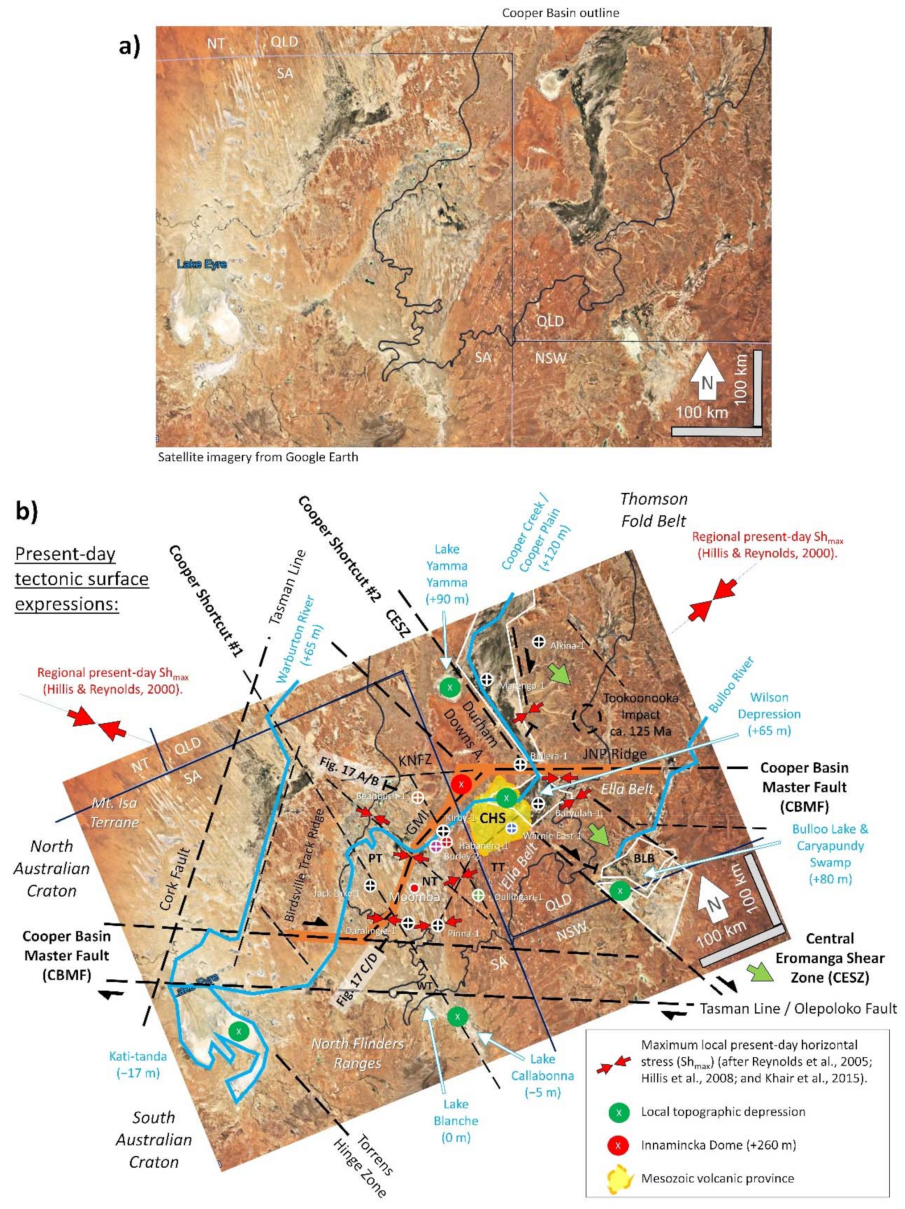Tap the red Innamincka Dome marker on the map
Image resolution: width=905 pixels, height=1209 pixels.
[462, 784]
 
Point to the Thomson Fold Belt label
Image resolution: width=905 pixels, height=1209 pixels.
[654, 510]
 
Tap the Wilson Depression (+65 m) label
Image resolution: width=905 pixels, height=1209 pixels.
[769, 714]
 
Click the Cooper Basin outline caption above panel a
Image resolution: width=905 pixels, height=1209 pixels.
[561, 12]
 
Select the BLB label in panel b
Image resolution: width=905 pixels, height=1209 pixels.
[644, 858]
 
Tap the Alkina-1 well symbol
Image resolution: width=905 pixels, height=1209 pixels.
[539, 642]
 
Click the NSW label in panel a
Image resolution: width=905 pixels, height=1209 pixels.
[550, 358]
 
